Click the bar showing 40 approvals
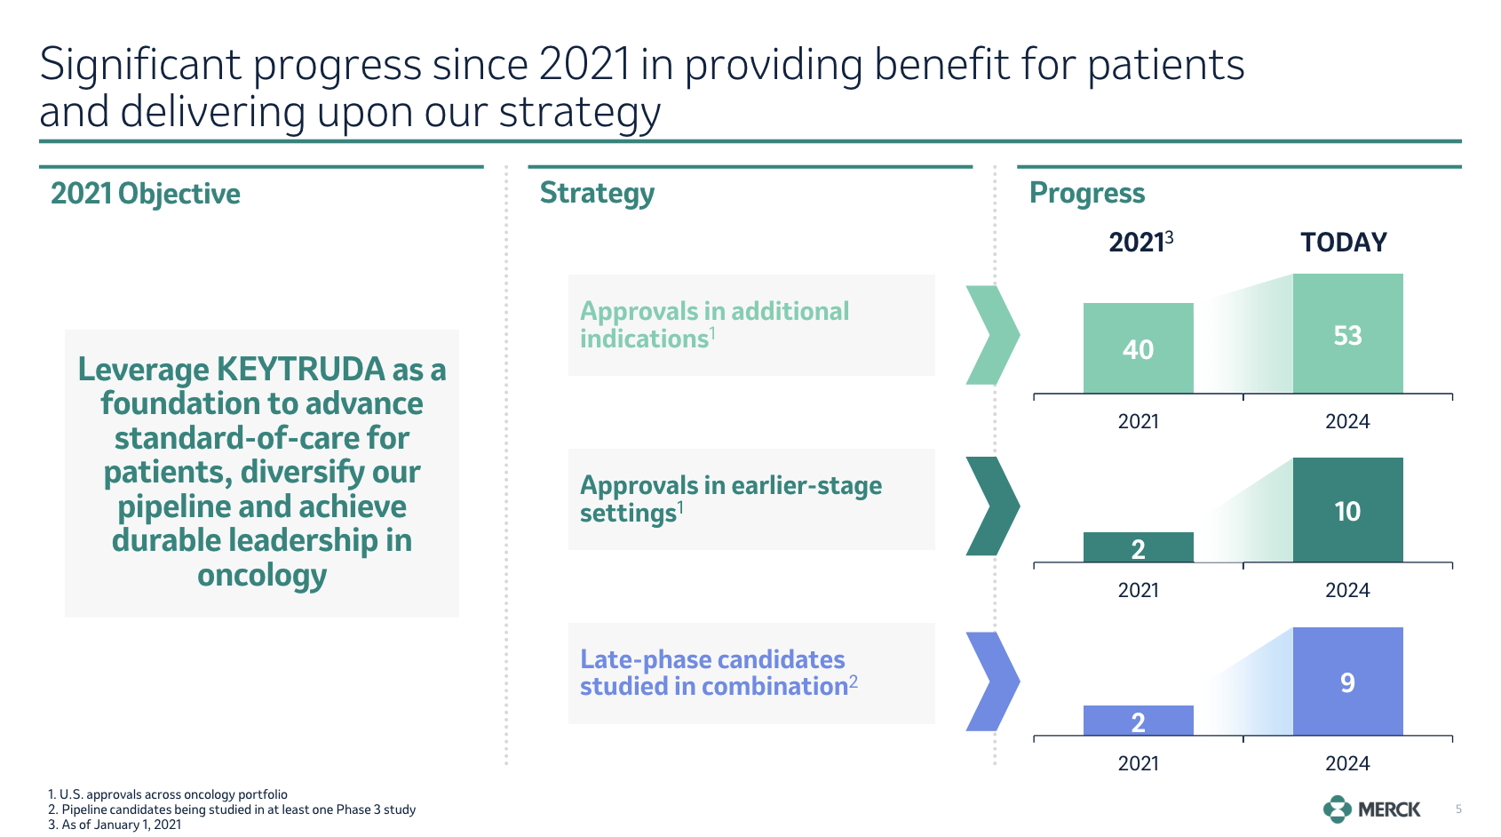(1138, 348)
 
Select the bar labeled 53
(1347, 334)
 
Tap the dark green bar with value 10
(1347, 510)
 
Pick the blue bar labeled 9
(1347, 682)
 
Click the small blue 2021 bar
(1138, 721)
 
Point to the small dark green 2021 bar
(1138, 547)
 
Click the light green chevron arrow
(992, 335)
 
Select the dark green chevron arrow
(992, 506)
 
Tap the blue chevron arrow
(992, 682)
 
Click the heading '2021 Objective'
(145, 194)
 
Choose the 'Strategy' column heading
(597, 193)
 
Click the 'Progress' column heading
(1086, 193)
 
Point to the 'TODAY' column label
(1343, 243)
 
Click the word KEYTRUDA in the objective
(300, 370)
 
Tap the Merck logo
(1371, 809)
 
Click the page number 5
(1458, 809)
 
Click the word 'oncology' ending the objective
(262, 576)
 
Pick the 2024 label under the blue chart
(1347, 763)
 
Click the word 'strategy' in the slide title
(579, 113)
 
